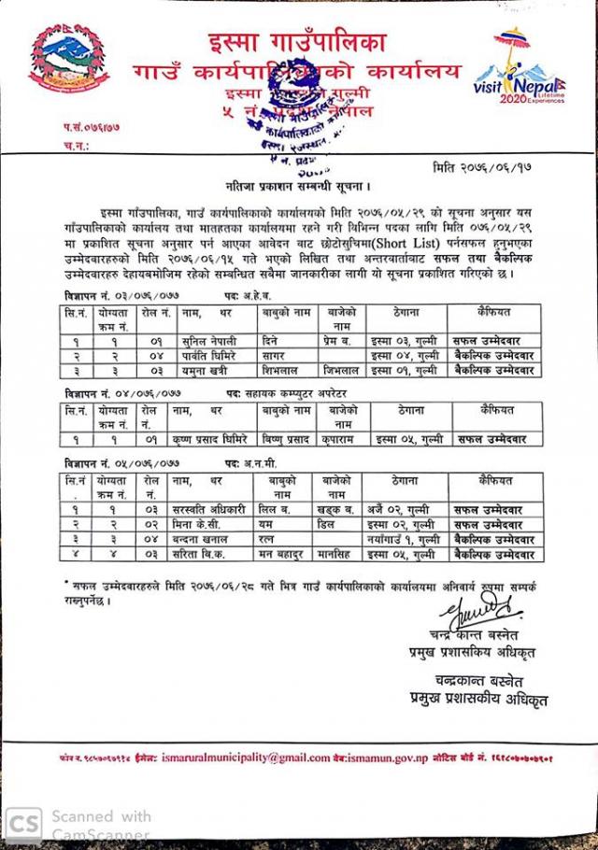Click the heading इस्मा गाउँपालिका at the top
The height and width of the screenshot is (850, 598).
297,41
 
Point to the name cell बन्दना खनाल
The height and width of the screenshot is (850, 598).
205,539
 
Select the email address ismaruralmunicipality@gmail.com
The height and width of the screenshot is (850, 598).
245,758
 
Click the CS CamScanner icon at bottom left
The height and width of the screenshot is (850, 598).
24,824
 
